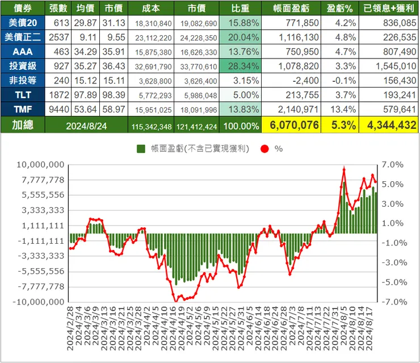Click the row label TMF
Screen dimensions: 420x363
[x=23, y=110]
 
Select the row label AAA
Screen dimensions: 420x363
[x=23, y=52]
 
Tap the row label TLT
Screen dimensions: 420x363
[x=23, y=95]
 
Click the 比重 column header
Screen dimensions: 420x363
[x=240, y=8]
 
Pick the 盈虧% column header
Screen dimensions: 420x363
[x=339, y=8]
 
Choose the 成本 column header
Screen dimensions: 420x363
[x=151, y=8]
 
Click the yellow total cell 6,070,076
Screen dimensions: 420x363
[x=291, y=125]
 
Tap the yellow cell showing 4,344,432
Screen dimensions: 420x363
[x=389, y=125]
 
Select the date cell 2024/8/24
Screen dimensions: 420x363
[x=86, y=126]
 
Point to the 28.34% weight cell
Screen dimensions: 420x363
[x=240, y=66]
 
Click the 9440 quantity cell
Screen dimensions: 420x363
[x=59, y=110]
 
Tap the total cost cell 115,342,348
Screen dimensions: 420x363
[x=152, y=127]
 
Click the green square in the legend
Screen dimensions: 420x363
[x=141, y=149]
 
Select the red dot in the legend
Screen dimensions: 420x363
[x=264, y=149]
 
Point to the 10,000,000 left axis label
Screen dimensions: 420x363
[x=41, y=165]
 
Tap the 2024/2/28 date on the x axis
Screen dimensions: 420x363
[x=70, y=329]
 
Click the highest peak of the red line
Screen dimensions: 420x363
[x=344, y=169]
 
